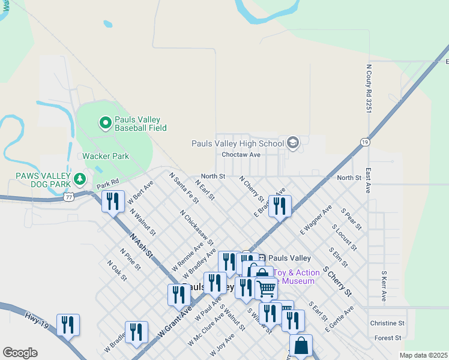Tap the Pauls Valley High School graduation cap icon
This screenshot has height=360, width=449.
coord(293,143)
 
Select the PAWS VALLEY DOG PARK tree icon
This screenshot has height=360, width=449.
coord(79,179)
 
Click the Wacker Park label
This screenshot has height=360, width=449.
coord(106,156)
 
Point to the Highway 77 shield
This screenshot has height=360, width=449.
coord(69,196)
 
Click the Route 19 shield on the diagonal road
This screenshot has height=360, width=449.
coord(364,142)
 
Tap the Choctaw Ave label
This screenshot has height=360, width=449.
coord(241,154)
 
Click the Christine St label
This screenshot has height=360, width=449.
coord(387,323)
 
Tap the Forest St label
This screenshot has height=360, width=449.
coord(387,338)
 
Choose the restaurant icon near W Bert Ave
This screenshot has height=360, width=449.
coord(112,202)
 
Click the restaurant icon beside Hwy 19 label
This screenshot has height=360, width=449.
coord(68,325)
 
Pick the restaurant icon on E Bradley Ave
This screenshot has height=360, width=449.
coord(280,206)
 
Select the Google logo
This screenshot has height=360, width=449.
coord(20,352)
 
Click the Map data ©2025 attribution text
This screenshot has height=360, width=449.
coord(423,355)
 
